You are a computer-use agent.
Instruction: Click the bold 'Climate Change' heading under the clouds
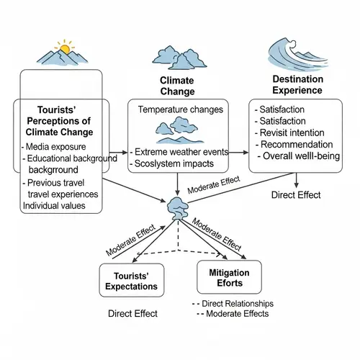point(177,86)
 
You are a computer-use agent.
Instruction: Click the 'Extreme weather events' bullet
point(181,152)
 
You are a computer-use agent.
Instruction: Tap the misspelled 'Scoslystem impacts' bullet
point(175,164)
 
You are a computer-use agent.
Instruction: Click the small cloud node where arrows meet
point(178,206)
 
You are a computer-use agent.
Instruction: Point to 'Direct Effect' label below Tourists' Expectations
point(132,313)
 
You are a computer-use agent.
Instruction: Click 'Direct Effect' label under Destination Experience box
point(296,194)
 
